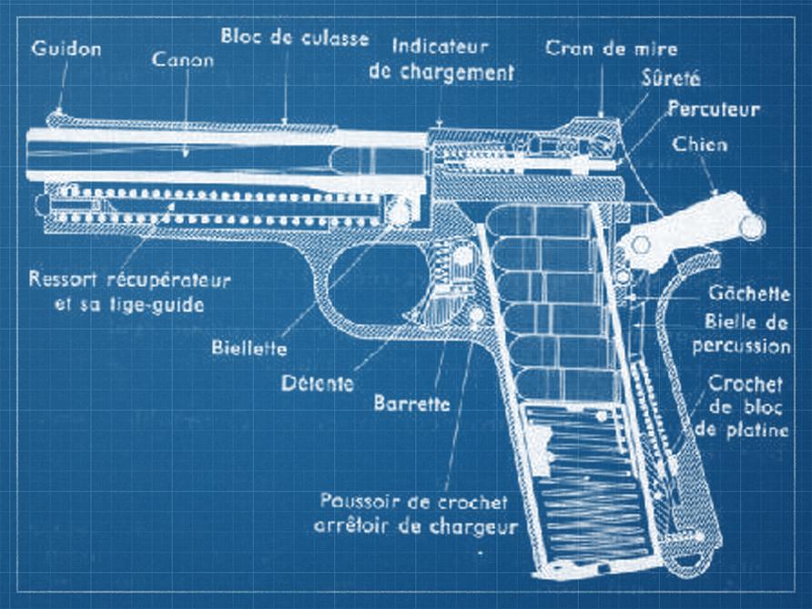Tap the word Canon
[185, 61]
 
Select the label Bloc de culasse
[295, 38]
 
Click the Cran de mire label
[611, 48]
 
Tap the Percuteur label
[713, 109]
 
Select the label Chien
[699, 144]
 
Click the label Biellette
[249, 348]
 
